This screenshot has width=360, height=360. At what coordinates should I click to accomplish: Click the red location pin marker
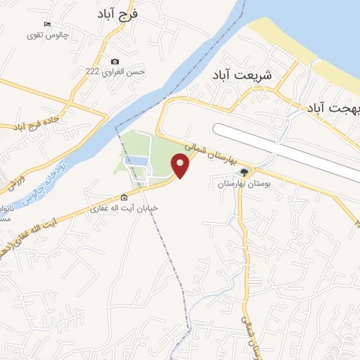click(x=181, y=167)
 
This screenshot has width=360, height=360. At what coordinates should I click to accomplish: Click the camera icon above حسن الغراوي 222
click(x=115, y=61)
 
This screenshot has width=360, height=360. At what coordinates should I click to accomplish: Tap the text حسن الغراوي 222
click(x=115, y=72)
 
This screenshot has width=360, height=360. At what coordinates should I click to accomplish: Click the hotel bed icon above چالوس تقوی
click(x=46, y=25)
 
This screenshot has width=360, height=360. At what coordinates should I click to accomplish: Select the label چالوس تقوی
click(x=46, y=35)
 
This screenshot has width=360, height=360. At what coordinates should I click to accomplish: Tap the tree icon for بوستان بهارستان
click(x=244, y=172)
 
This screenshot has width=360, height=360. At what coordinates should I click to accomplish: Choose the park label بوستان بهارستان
click(x=238, y=184)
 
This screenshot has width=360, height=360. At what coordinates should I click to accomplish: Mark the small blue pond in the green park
click(x=136, y=161)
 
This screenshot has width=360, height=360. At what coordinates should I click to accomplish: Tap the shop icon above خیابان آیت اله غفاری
click(x=124, y=198)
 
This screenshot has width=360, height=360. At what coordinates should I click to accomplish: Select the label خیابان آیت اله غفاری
click(x=123, y=209)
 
